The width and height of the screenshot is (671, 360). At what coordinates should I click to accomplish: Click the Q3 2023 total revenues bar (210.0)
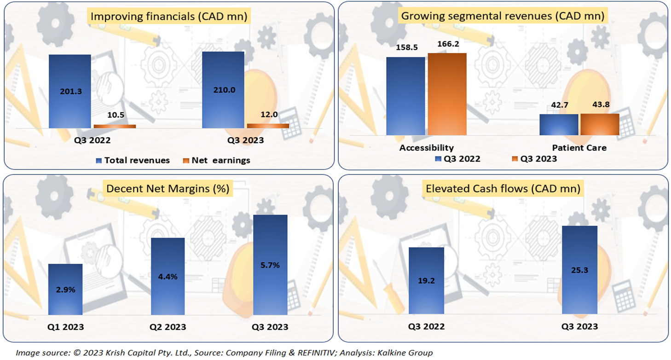click(x=223, y=90)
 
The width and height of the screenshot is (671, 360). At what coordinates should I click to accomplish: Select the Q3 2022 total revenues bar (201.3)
click(x=69, y=91)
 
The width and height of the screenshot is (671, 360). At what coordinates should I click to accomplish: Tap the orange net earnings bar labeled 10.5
click(x=115, y=126)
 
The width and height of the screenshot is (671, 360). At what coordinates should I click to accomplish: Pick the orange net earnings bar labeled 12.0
click(x=268, y=125)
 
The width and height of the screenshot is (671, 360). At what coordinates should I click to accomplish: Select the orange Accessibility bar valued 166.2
click(x=447, y=94)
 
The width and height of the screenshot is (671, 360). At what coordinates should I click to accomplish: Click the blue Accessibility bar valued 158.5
click(x=405, y=96)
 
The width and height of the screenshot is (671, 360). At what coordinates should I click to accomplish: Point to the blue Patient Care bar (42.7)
click(x=558, y=124)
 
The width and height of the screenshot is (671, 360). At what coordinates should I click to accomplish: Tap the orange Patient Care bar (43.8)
click(x=600, y=124)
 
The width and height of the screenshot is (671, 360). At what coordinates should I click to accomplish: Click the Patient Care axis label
click(x=579, y=148)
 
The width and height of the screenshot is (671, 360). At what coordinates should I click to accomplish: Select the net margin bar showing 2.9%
click(x=65, y=289)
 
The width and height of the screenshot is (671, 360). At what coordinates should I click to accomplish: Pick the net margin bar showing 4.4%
click(x=168, y=276)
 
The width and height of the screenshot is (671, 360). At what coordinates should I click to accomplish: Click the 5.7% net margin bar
click(x=270, y=265)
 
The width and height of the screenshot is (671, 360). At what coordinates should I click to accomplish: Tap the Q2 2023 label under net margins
click(x=168, y=327)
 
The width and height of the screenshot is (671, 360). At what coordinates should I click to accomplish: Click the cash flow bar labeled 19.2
click(x=427, y=281)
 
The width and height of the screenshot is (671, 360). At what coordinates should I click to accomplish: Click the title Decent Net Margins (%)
click(x=168, y=189)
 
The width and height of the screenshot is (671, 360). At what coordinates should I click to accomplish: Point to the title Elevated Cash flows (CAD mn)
click(x=503, y=189)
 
